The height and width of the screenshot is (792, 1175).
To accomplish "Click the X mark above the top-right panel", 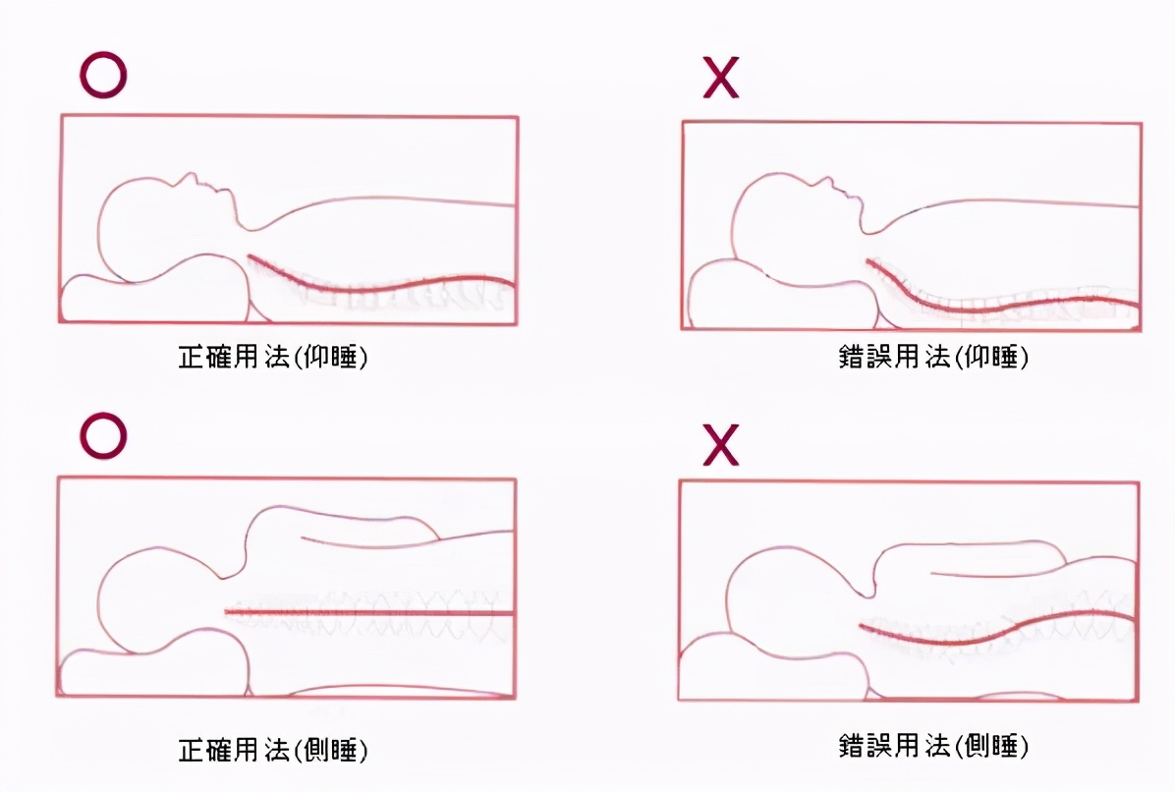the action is pos(721,78).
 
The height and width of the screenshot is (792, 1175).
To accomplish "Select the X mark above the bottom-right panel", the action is pos(721,445).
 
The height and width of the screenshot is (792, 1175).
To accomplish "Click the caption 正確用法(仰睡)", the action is pos(273,357).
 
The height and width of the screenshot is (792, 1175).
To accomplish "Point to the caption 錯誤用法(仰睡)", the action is pos(933,357).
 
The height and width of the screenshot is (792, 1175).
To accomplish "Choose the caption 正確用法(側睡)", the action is pos(273,750).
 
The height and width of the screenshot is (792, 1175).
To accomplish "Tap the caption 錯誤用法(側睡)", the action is pos(933,746).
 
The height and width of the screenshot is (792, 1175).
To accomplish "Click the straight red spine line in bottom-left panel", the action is pos(369,612).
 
